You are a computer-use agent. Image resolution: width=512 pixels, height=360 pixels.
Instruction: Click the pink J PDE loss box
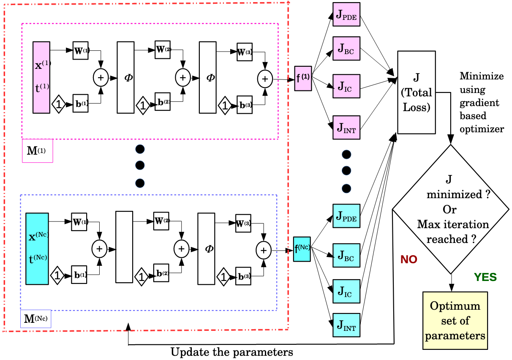tap(346, 14)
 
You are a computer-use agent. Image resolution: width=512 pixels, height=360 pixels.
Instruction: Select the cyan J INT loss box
tap(346, 325)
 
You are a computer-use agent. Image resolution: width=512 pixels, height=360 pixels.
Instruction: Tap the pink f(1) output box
tap(303, 79)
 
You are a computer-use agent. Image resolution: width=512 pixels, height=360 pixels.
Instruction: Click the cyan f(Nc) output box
tap(302, 249)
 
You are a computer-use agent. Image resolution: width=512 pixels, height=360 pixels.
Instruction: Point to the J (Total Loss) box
tap(417, 93)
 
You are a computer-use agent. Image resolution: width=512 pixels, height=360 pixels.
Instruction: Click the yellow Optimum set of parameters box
tap(455, 321)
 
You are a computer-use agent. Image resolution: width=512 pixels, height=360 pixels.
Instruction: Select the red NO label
tap(409, 259)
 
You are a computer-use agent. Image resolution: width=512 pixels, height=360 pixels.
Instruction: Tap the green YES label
tap(485, 277)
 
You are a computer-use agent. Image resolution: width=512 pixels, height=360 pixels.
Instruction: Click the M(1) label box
tap(38, 151)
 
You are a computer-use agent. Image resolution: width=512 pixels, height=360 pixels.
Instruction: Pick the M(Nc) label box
tap(35, 319)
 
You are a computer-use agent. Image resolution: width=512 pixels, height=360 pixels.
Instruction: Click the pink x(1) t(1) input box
tap(41, 77)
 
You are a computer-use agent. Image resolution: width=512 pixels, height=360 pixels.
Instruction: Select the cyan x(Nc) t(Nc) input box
tap(37, 249)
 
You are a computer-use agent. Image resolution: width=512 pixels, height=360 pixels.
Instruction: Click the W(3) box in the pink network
tap(245, 52)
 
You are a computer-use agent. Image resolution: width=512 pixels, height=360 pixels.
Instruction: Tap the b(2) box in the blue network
tap(161, 273)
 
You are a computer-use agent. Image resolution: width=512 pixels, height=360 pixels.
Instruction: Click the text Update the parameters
tap(232, 352)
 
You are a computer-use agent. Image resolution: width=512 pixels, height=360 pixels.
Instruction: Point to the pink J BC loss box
tap(346, 49)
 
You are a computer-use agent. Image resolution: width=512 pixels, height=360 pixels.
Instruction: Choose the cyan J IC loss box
tap(346, 291)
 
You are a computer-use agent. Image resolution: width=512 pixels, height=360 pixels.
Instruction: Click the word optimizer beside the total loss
tap(482, 129)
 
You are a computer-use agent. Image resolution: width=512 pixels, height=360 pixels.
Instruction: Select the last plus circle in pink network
tap(265, 79)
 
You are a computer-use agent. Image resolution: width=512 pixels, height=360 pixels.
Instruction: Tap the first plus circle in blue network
tap(99, 249)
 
